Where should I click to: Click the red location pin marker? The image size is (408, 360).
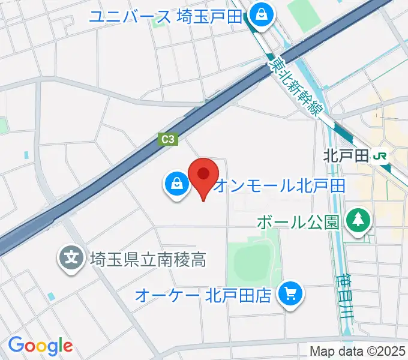(203, 175)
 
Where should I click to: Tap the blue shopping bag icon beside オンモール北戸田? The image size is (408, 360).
(177, 184)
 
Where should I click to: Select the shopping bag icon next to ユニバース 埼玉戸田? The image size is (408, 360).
(261, 16)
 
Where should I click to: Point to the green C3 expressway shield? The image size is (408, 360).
(169, 139)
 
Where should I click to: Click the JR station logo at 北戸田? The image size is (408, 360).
(380, 156)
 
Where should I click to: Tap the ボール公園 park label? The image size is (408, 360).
(298, 222)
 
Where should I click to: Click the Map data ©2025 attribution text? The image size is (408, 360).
(358, 352)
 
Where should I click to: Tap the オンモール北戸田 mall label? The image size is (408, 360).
(279, 185)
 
